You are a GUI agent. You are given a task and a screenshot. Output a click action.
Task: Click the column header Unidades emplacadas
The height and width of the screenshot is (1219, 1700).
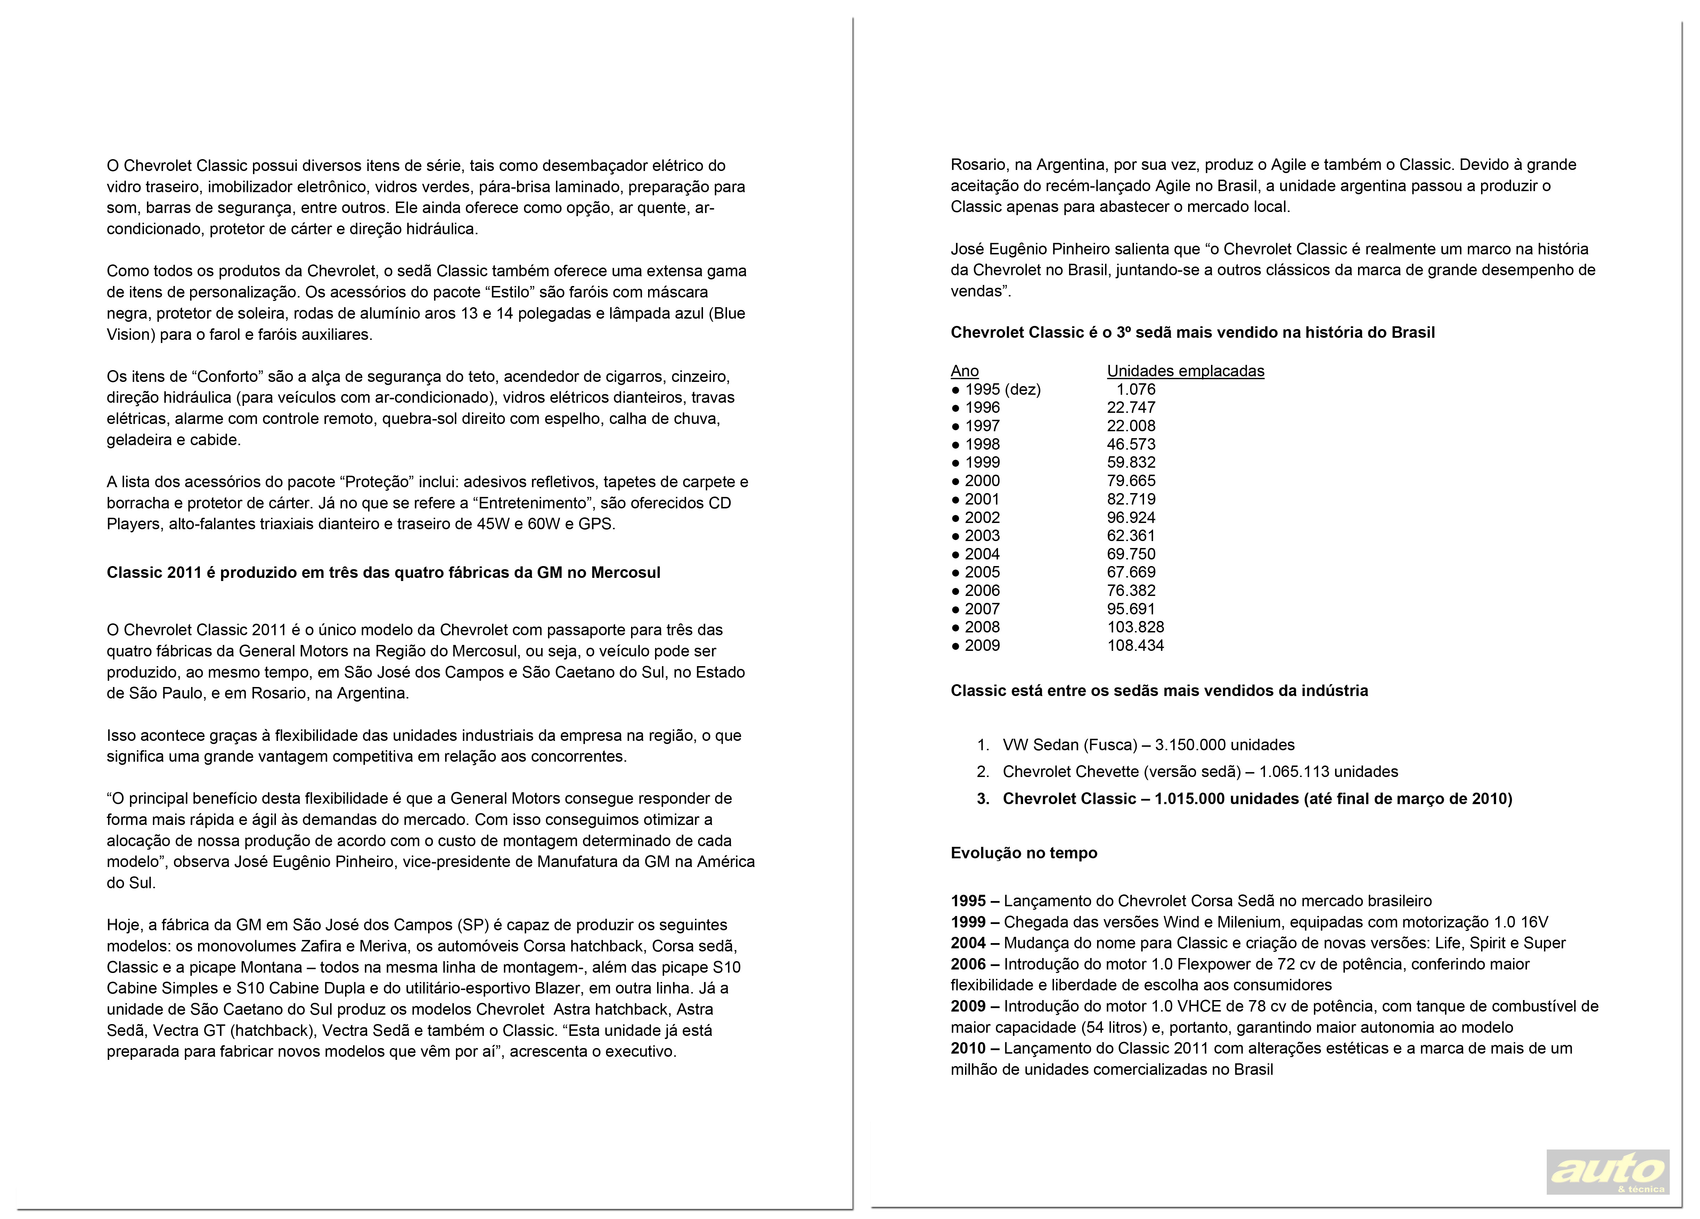[x=1185, y=371]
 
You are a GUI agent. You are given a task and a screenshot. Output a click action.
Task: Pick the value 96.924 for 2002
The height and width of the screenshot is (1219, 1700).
[x=1131, y=517]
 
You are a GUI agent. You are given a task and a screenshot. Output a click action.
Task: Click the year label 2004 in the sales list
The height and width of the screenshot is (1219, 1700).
[x=982, y=554]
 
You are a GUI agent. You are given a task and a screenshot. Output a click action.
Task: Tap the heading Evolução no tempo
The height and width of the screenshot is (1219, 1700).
[x=1023, y=853]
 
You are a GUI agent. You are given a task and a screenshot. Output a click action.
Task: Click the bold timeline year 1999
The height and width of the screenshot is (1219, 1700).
[x=968, y=922]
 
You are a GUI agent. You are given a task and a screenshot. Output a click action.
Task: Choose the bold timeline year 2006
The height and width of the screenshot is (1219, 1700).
[x=968, y=964]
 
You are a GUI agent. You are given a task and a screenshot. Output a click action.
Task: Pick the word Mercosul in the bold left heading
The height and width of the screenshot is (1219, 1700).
[x=626, y=573]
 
